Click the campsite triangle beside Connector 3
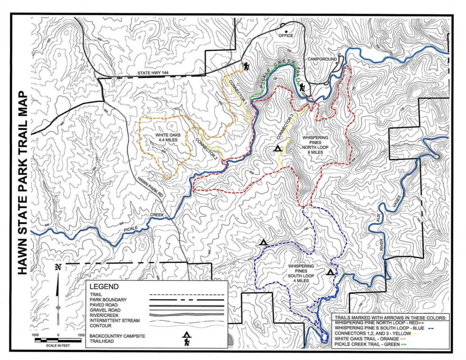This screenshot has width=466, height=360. [278, 149]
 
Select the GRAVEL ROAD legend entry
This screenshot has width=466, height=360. [105, 310]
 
